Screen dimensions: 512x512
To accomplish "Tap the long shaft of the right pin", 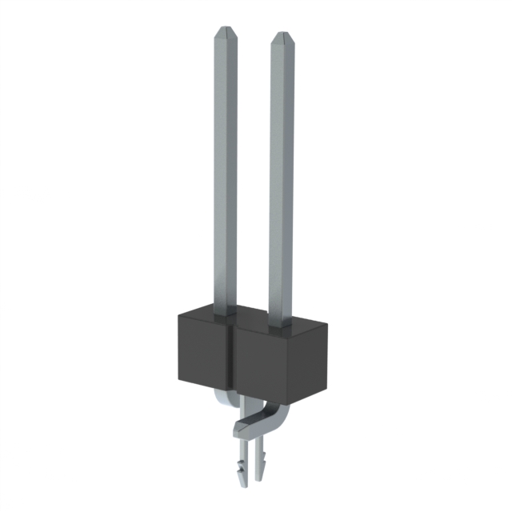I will coord(282,176).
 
